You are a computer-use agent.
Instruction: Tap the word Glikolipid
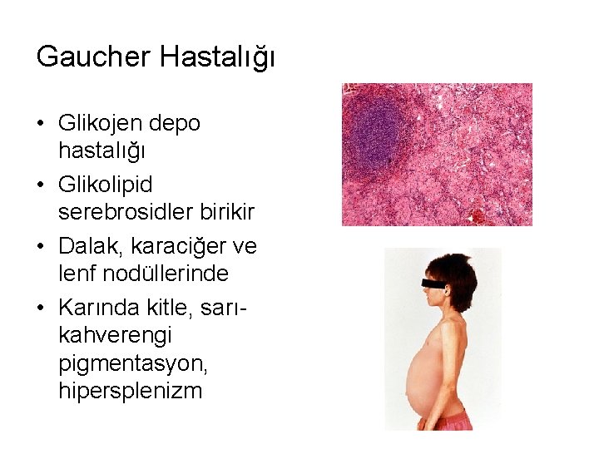(105, 183)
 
